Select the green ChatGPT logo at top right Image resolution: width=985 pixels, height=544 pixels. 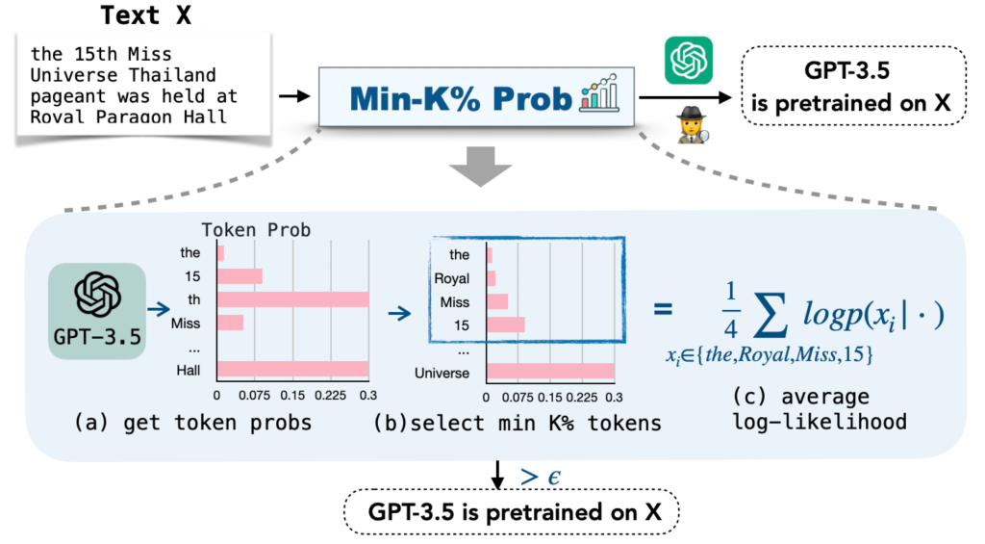coord(688,61)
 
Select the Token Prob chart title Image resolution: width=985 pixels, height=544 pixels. coord(257,231)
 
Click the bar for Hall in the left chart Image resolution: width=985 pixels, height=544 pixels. coord(293,369)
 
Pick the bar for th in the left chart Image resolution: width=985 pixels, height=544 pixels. coord(293,299)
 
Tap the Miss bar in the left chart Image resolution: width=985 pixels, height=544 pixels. coord(231,323)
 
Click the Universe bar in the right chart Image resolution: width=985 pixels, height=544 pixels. coord(550,372)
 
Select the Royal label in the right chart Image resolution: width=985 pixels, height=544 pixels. coord(452,278)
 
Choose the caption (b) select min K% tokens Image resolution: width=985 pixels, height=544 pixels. coord(516,425)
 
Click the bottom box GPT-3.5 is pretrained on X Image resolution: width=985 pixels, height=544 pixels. coord(512,515)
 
